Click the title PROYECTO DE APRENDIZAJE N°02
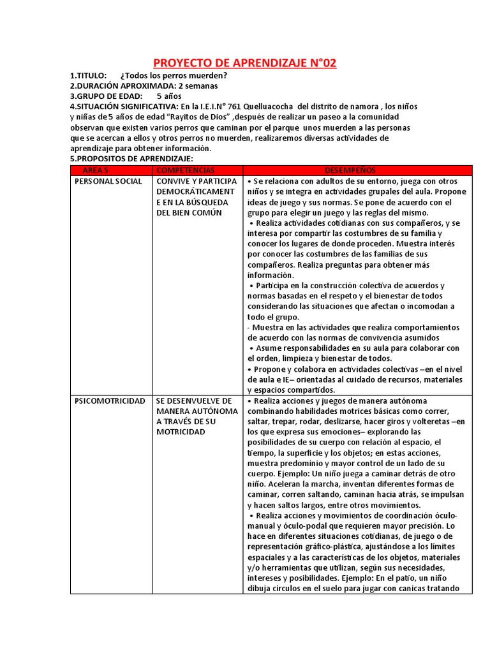click(x=245, y=63)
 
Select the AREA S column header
click(x=96, y=170)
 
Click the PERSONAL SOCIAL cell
click(x=108, y=182)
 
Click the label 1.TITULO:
click(x=88, y=76)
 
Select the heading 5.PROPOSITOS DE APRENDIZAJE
click(x=131, y=158)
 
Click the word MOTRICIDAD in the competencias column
click(x=181, y=432)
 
